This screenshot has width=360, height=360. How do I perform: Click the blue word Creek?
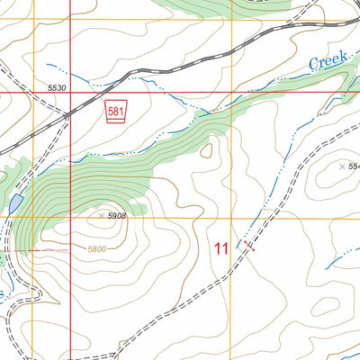coord(328,62)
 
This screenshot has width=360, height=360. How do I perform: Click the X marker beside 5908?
coord(101,216)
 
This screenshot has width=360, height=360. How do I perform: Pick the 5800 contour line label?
coord(103,248)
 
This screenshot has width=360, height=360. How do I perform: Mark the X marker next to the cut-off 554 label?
coord(340,166)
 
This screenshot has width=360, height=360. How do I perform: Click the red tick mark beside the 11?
coord(248,245)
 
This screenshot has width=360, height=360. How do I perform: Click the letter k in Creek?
coord(343,58)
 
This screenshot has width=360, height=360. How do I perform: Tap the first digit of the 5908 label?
coord(110,217)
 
